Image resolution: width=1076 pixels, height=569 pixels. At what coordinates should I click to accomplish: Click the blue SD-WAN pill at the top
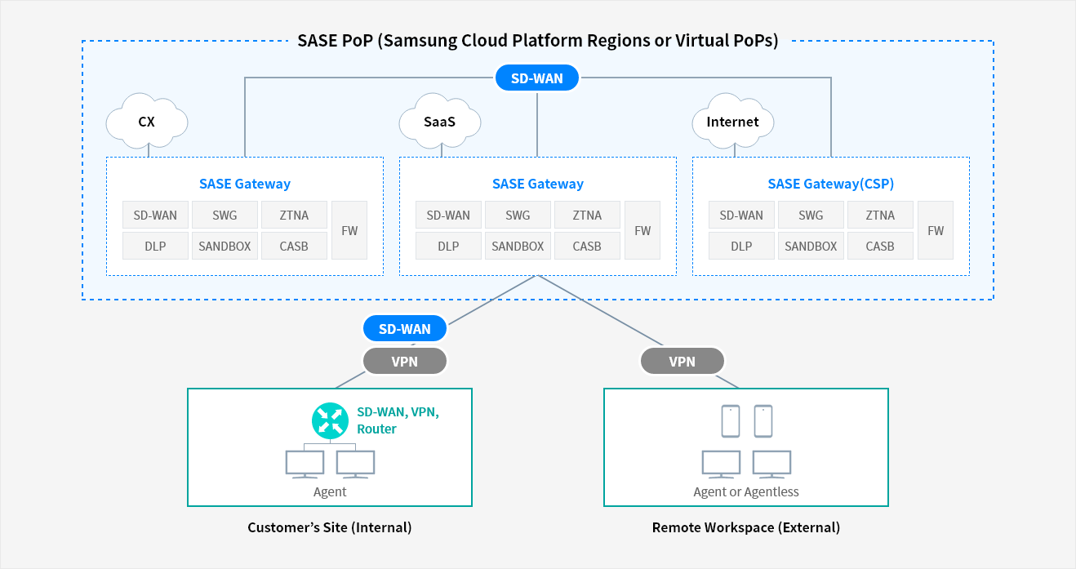[x=536, y=78]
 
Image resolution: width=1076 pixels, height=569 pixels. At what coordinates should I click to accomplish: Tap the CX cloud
[x=146, y=121]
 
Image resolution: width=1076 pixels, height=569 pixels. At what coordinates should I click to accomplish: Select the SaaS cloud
[x=439, y=121]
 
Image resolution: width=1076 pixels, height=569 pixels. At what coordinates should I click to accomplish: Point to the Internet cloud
[x=732, y=121]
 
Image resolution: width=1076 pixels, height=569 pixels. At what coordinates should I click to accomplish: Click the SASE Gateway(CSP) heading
[x=830, y=184]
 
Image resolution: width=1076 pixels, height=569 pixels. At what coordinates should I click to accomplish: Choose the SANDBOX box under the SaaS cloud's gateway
[x=518, y=246]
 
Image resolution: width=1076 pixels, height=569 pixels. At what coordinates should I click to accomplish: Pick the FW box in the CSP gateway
[x=936, y=230]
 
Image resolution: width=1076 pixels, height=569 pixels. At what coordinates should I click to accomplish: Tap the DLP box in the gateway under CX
[x=155, y=246]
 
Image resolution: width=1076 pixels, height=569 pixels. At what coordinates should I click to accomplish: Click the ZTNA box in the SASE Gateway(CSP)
[x=880, y=215]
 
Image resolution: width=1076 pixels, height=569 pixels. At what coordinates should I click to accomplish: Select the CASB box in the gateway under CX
[x=294, y=246]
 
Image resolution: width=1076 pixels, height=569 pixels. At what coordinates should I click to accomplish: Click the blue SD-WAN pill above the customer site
[x=404, y=328]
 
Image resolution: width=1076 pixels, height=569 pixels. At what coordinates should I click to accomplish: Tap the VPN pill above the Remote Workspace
[x=683, y=361]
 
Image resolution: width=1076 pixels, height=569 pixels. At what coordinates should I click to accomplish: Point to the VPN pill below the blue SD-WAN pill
[x=404, y=361]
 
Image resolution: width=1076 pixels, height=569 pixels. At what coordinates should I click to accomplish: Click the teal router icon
[x=330, y=420]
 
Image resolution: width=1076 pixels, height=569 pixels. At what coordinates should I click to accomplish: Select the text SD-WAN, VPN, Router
[x=398, y=420]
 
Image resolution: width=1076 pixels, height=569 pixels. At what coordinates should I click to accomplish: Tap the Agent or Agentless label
[x=746, y=491]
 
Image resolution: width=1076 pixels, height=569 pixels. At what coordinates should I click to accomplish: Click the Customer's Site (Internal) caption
[x=330, y=527]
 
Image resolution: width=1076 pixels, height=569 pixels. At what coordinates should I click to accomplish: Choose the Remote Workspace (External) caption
[x=746, y=527]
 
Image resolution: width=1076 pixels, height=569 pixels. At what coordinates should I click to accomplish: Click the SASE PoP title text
[x=537, y=40]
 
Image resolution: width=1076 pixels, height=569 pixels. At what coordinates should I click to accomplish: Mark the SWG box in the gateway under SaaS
[x=518, y=215]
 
